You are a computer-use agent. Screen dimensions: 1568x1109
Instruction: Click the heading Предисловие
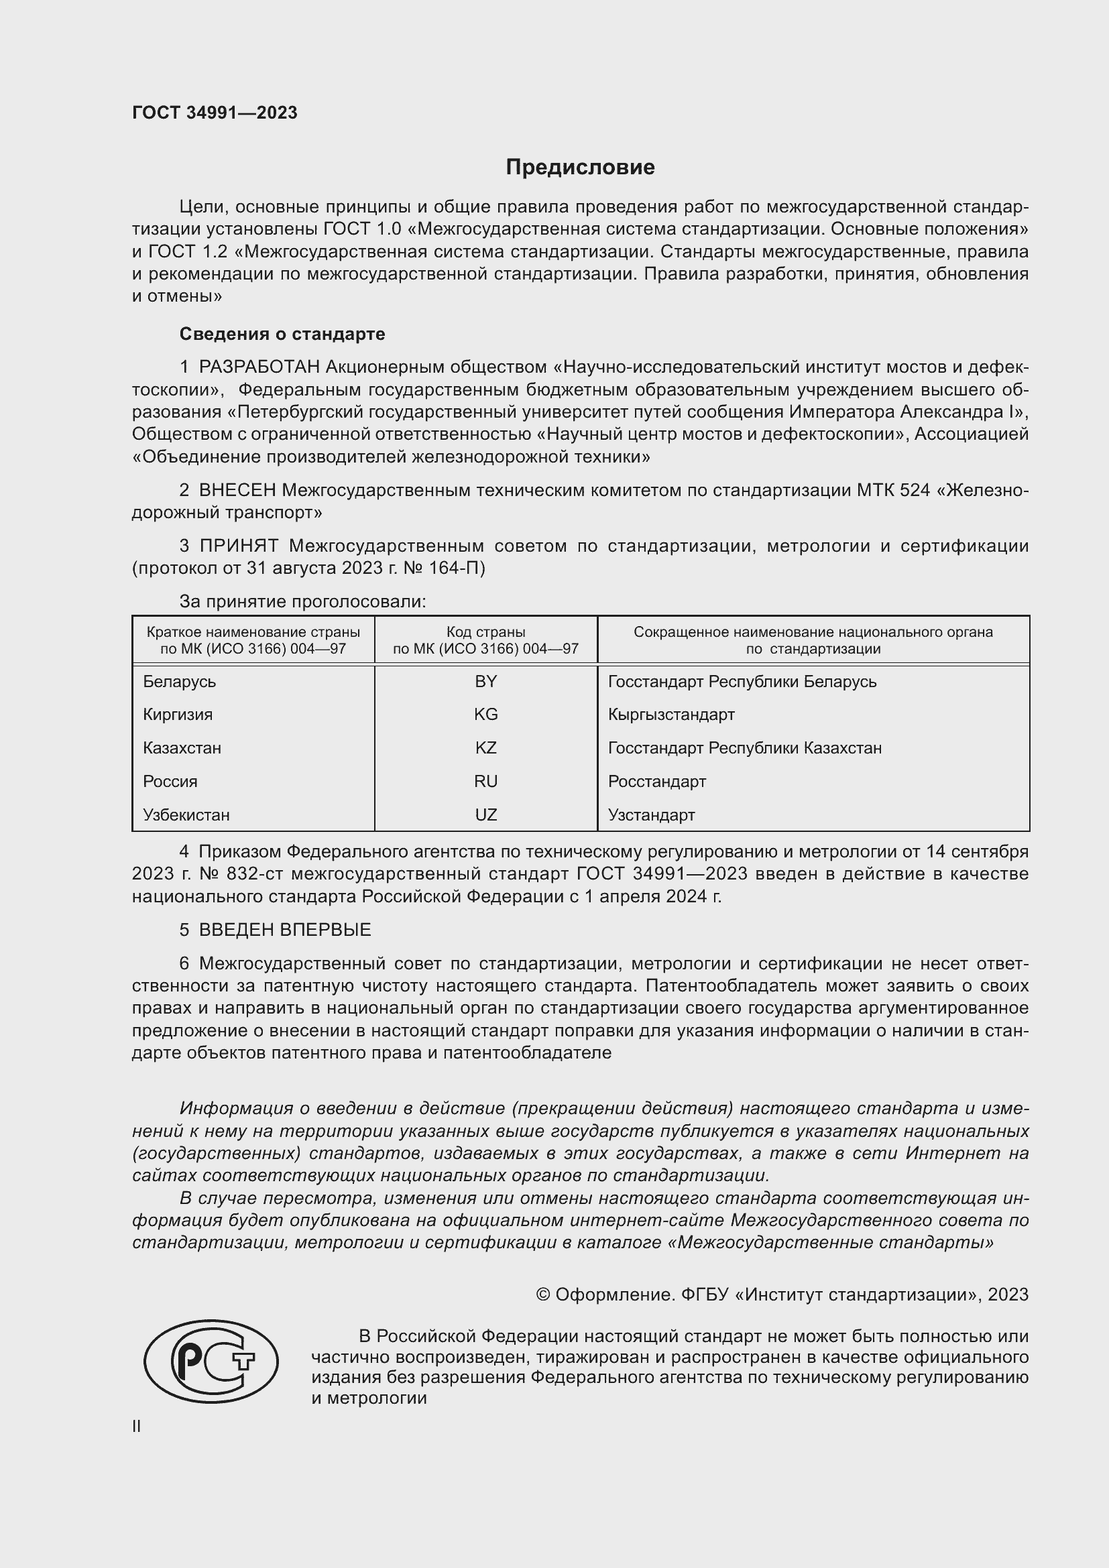580,168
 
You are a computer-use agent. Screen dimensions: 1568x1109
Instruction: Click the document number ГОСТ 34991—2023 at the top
215,113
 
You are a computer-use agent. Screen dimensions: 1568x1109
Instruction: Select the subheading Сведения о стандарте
282,334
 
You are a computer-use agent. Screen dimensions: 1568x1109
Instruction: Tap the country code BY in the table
485,682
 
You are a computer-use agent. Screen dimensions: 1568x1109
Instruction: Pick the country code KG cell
485,715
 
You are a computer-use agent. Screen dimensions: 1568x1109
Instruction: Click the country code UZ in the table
485,815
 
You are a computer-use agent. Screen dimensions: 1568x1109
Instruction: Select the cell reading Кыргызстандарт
670,715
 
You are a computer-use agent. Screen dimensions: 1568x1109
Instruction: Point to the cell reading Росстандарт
656,781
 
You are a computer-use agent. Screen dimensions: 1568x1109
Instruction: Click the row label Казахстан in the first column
182,748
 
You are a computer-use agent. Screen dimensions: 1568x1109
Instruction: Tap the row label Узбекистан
186,815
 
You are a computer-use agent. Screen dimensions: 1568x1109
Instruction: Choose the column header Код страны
485,632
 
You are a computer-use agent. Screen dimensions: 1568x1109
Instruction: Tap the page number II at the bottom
137,1427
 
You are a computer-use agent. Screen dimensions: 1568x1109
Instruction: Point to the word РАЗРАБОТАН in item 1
259,367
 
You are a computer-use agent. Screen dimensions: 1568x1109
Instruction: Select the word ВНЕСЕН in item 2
237,490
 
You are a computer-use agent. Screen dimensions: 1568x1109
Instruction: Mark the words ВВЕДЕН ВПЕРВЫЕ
285,929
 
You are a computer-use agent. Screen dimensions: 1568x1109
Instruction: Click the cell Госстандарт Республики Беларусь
742,682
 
